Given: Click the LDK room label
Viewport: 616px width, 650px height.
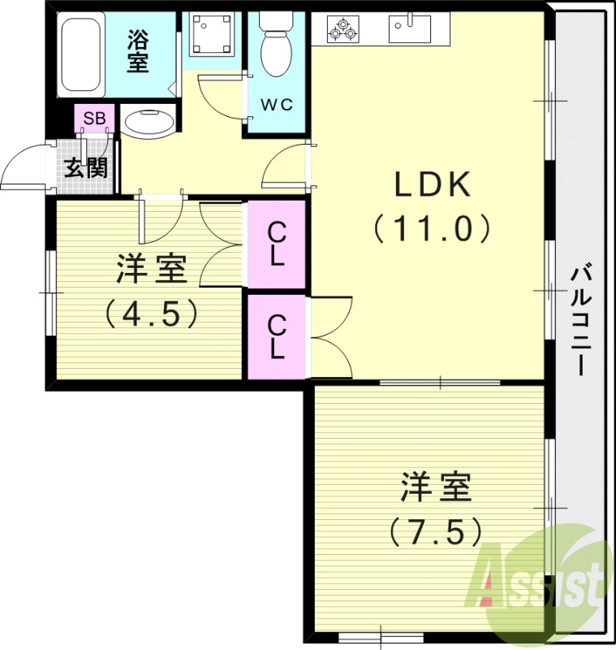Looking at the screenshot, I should [433, 186].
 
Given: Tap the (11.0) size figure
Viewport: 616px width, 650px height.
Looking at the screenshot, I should [433, 228].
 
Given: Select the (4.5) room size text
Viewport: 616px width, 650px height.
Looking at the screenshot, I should [152, 313].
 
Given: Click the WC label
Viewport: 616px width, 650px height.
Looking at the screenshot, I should [276, 104].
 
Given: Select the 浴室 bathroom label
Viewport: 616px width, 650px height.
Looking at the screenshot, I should [138, 50].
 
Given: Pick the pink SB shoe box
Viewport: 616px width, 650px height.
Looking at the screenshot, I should [94, 119].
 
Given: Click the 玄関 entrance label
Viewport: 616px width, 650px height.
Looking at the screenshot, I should [85, 168].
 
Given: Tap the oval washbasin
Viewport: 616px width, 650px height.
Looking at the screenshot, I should [149, 123].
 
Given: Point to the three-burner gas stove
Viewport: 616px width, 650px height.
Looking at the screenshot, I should [342, 29].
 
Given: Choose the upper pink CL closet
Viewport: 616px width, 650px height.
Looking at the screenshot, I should [277, 244].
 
